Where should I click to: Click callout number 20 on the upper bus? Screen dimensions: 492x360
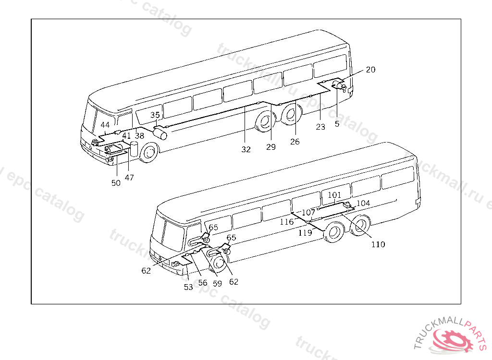(x=370, y=70)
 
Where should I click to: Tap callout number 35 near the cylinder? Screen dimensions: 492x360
(x=155, y=115)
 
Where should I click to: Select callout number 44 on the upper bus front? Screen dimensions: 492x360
(x=105, y=125)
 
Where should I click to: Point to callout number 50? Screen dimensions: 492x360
(x=116, y=183)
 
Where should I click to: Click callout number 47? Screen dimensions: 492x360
(x=130, y=178)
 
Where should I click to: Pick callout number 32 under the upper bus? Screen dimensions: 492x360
(x=246, y=149)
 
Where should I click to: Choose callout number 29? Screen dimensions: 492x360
(x=271, y=147)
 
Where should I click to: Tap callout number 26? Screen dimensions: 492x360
(x=295, y=142)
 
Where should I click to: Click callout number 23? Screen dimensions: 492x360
(x=320, y=127)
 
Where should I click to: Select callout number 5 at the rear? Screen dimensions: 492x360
(x=337, y=124)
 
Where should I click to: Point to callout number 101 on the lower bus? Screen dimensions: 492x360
(x=334, y=195)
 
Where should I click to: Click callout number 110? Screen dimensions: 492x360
(x=378, y=244)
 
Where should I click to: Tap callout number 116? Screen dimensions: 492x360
(x=287, y=222)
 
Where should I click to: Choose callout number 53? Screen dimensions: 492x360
(x=188, y=287)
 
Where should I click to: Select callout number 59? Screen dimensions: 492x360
(x=217, y=283)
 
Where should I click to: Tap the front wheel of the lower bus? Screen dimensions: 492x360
(x=219, y=263)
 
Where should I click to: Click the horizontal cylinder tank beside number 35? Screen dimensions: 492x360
(x=160, y=132)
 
